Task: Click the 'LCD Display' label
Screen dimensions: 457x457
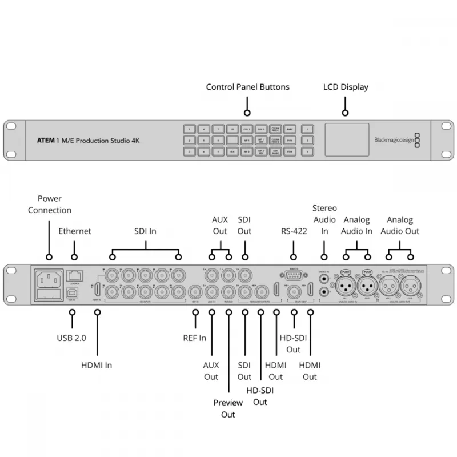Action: (x=346, y=87)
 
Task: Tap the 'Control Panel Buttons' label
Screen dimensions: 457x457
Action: (x=247, y=87)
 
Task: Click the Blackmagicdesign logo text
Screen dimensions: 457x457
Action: (x=394, y=139)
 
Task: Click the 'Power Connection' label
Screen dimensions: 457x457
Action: (x=50, y=205)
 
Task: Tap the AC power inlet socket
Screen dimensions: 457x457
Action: (x=49, y=280)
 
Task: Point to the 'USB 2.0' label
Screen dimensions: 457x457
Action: (x=72, y=338)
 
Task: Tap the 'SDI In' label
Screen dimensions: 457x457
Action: (x=145, y=231)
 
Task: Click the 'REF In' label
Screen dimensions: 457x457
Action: (x=195, y=338)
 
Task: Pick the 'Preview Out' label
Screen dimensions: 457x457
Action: (x=228, y=408)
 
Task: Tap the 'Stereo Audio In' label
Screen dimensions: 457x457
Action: (x=324, y=219)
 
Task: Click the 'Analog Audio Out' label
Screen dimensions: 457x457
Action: (x=400, y=225)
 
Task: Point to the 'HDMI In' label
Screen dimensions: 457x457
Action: (x=97, y=365)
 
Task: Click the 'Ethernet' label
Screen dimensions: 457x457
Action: (x=74, y=231)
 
